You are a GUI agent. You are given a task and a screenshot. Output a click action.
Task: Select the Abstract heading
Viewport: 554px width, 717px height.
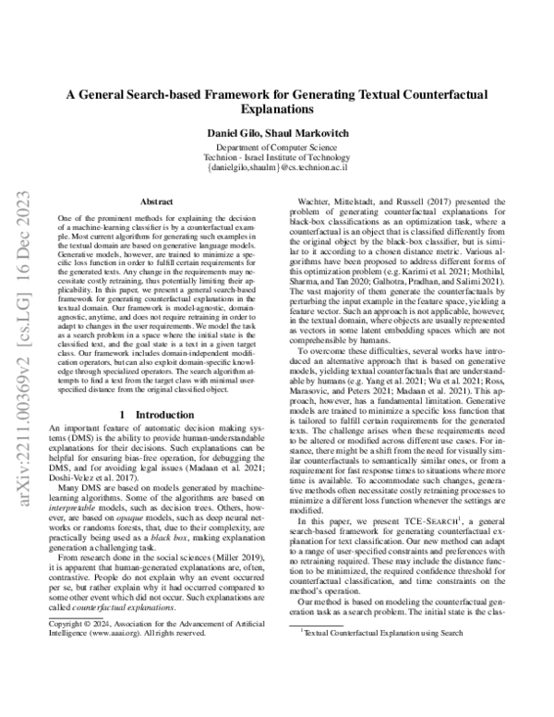(x=154, y=200)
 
